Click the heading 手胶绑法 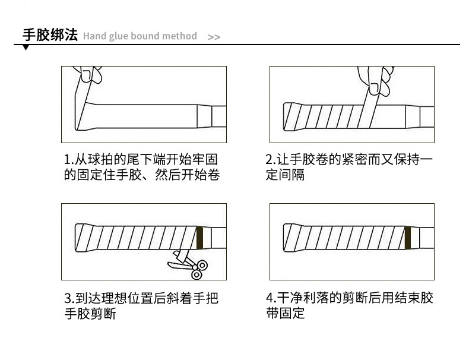point(50,35)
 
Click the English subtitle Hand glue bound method point(140,36)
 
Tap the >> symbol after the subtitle point(214,37)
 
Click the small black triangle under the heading point(26,48)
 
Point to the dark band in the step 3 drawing point(199,237)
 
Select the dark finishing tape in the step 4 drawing point(408,237)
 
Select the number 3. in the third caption point(68,298)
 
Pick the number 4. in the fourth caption point(271,298)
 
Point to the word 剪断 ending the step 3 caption point(102,314)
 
